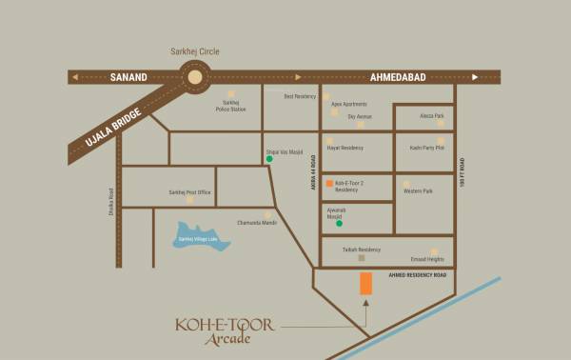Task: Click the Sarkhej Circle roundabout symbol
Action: [x=195, y=76]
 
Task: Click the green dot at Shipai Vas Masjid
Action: [x=269, y=159]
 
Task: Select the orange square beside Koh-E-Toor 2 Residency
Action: [x=329, y=182]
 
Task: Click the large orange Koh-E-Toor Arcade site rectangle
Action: [x=365, y=283]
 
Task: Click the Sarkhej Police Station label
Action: [x=230, y=106]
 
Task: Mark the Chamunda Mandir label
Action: [x=257, y=222]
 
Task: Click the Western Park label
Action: [x=419, y=191]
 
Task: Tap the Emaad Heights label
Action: [x=426, y=259]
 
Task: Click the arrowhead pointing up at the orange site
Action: [x=365, y=303]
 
